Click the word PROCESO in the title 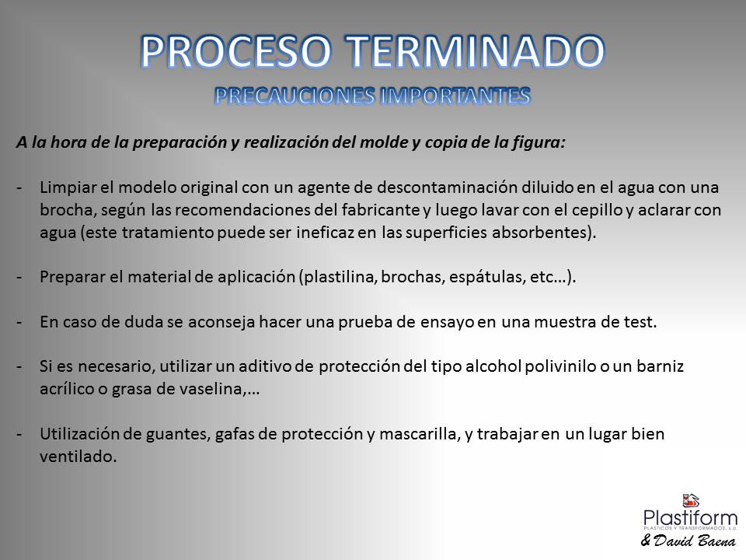[236, 51]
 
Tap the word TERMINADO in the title [475, 51]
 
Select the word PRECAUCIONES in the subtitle [295, 96]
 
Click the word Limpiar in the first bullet [68, 187]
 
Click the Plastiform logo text [690, 518]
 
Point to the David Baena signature [688, 541]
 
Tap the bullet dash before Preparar [19, 278]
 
